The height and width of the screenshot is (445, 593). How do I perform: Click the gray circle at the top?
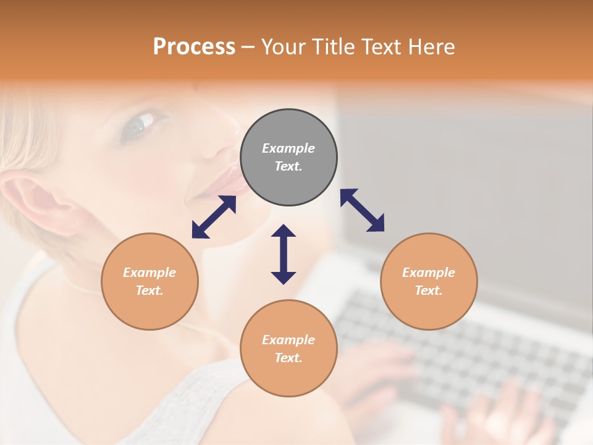click(288, 158)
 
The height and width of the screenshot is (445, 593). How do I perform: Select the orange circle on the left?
click(149, 281)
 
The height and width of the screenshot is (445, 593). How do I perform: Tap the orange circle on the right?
click(429, 281)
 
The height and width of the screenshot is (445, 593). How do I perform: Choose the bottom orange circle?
click(288, 349)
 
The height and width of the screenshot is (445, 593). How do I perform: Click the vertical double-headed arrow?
click(284, 254)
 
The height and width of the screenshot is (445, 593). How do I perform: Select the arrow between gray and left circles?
click(214, 217)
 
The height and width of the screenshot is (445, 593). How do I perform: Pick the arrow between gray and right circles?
click(362, 210)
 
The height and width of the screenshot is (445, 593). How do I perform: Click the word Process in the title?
click(194, 46)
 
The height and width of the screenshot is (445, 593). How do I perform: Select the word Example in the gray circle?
click(288, 148)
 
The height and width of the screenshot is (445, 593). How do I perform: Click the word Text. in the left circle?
click(149, 290)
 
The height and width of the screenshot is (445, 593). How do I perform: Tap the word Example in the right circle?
click(429, 273)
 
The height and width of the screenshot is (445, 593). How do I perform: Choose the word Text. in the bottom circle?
click(288, 358)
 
